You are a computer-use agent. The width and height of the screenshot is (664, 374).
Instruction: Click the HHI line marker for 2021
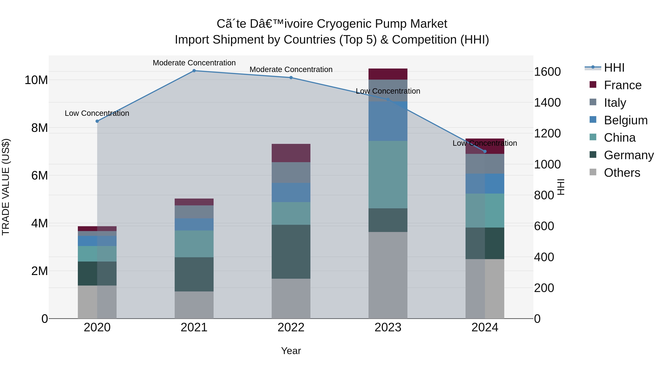pos(194,71)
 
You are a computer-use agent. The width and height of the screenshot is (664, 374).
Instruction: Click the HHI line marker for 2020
pos(97,121)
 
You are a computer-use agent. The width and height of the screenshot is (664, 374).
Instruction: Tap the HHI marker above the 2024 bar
pos(485,151)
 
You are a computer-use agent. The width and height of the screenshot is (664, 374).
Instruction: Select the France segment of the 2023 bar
pos(388,74)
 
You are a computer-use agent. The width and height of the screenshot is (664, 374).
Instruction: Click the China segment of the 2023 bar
pos(388,175)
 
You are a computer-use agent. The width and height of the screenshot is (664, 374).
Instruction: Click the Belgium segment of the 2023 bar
pos(388,121)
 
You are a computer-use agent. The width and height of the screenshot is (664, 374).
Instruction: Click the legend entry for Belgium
pos(626,120)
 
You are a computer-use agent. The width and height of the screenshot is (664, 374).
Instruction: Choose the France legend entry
pos(622,85)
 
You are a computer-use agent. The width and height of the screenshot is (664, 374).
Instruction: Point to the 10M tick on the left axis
pos(36,80)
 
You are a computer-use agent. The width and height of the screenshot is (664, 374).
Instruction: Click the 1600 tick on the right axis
pos(547,72)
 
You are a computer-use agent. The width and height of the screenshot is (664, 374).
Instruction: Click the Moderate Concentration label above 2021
pos(194,63)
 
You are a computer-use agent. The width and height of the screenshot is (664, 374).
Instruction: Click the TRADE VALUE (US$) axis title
pos(6,187)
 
